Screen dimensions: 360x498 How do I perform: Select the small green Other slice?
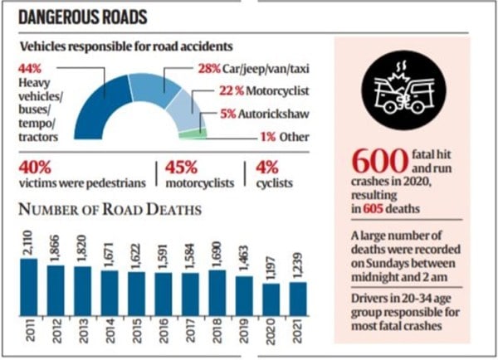click(193, 133)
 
